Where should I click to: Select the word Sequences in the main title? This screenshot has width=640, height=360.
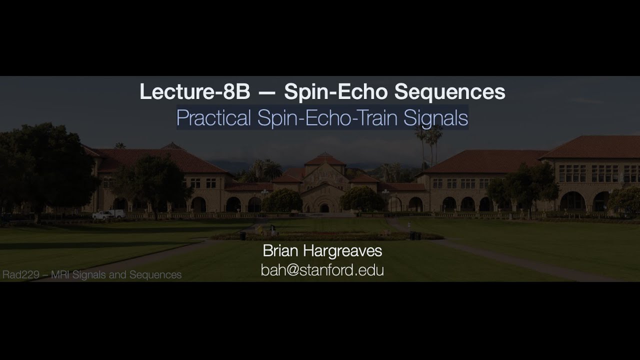pos(449,92)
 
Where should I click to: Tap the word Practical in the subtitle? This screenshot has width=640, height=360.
pos(213,118)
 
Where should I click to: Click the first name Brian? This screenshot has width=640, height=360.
pos(282,250)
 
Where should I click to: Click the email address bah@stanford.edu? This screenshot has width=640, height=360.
pos(322,270)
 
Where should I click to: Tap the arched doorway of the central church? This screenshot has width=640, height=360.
pos(324,207)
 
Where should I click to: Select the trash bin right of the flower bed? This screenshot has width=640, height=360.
pos(412,235)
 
